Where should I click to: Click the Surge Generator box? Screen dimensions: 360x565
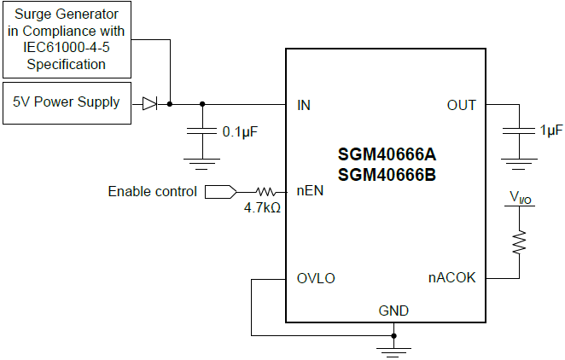[67, 38]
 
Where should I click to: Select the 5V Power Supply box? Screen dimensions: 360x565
[67, 103]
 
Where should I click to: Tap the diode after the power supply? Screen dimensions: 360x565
[150, 103]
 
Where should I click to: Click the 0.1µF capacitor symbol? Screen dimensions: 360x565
[202, 132]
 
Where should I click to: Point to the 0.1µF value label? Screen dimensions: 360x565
[241, 132]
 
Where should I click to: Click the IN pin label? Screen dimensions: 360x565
[304, 105]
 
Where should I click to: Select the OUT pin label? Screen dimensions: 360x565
[461, 105]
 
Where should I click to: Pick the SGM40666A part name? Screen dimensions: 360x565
[387, 155]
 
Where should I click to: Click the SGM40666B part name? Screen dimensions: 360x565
[387, 175]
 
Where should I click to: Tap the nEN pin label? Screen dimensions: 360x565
[310, 191]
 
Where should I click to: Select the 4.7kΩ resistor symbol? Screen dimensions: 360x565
[265, 192]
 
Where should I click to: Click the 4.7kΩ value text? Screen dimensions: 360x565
[262, 207]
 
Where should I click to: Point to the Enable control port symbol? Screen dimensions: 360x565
[219, 192]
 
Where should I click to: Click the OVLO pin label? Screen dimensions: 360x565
[316, 278]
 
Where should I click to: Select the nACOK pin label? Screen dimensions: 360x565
[451, 278]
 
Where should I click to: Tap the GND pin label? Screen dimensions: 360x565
[393, 310]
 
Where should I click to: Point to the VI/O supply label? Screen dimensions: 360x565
[518, 198]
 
